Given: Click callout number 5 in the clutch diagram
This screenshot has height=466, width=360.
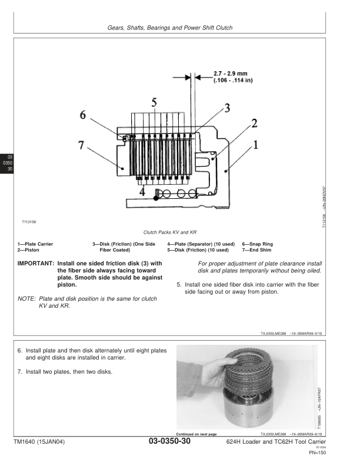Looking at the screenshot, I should coord(154,102).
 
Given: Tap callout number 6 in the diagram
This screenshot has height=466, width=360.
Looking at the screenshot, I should coord(84,116).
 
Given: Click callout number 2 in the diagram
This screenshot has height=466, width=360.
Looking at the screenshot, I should coord(254,122).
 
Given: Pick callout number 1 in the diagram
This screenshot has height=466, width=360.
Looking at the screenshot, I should coord(256,143).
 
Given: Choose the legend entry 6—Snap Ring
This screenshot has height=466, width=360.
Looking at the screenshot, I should coord(257,244).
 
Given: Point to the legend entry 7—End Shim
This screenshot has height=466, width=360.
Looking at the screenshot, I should coord(256,249).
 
